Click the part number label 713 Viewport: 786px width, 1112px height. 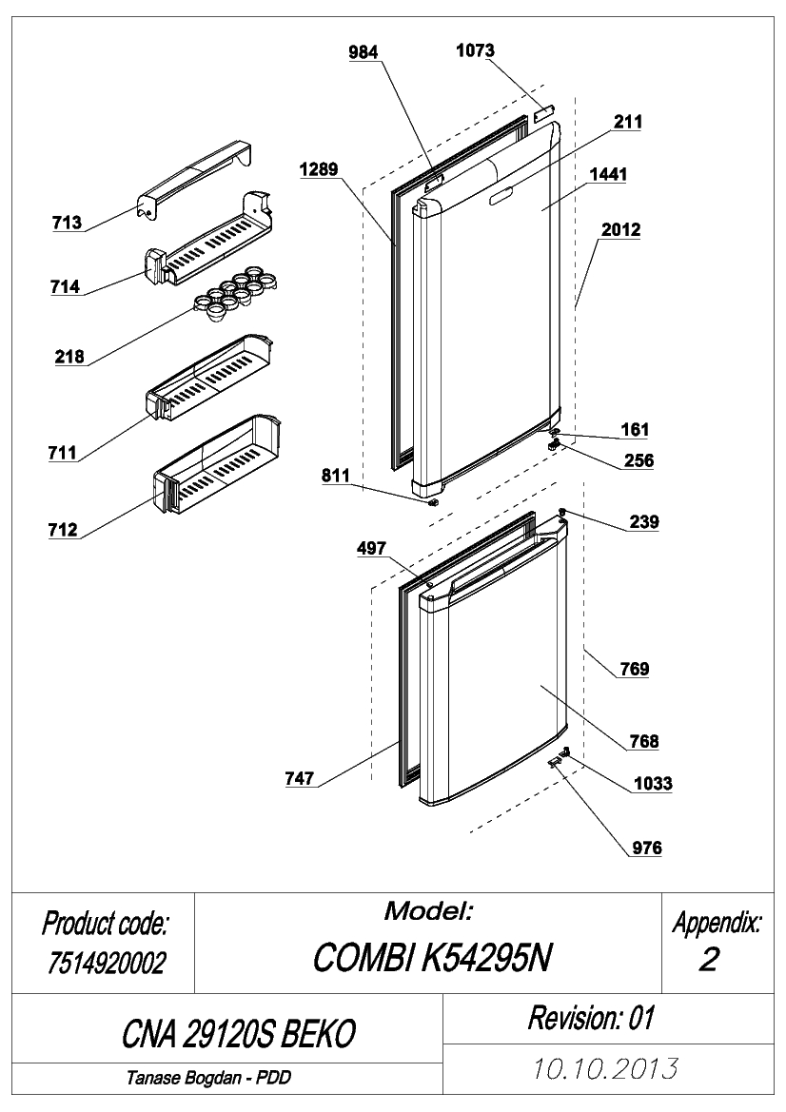67,223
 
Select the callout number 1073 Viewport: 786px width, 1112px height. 475,50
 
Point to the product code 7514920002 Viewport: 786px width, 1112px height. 107,963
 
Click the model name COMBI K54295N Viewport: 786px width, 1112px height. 432,959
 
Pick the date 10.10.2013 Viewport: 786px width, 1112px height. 605,1068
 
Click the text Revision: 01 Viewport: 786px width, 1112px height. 591,1018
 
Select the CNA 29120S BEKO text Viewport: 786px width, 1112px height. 238,1034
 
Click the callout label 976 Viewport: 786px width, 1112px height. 647,848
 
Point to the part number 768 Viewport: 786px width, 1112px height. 644,741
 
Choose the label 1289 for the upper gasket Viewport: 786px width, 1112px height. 319,168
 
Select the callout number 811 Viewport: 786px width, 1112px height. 336,476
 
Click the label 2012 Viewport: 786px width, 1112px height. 620,230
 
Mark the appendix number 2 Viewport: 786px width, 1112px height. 709,959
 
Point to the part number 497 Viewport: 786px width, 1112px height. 372,548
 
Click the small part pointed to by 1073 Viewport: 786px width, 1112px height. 544,111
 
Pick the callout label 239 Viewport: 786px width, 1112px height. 644,521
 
